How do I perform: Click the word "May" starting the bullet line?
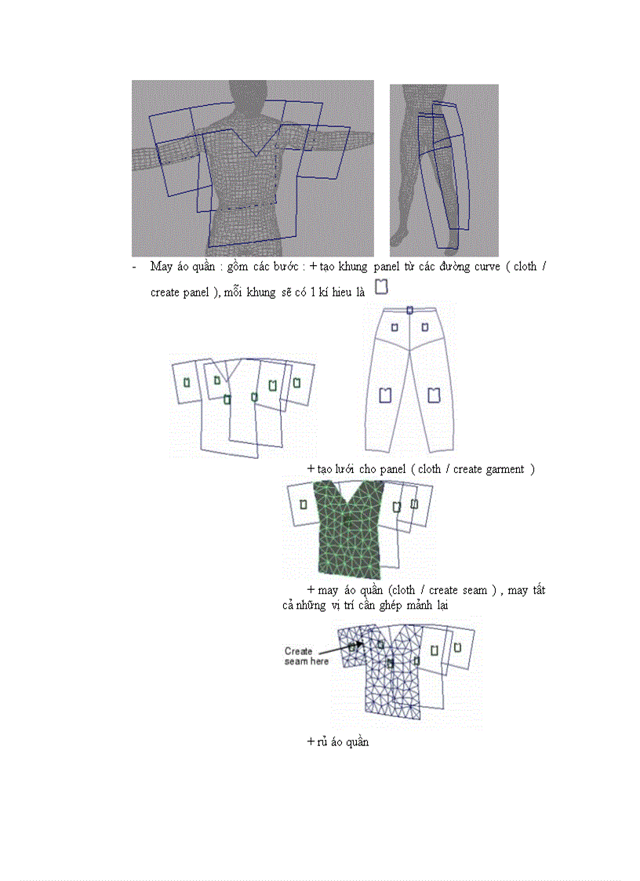point(162,267)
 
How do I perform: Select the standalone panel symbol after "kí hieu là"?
point(382,286)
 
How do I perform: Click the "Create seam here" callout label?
point(299,656)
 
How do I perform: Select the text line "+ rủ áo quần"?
point(337,742)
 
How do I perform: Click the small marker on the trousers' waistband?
point(409,311)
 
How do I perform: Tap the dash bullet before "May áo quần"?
point(135,267)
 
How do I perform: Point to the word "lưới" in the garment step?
point(346,469)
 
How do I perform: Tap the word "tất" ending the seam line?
point(537,590)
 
